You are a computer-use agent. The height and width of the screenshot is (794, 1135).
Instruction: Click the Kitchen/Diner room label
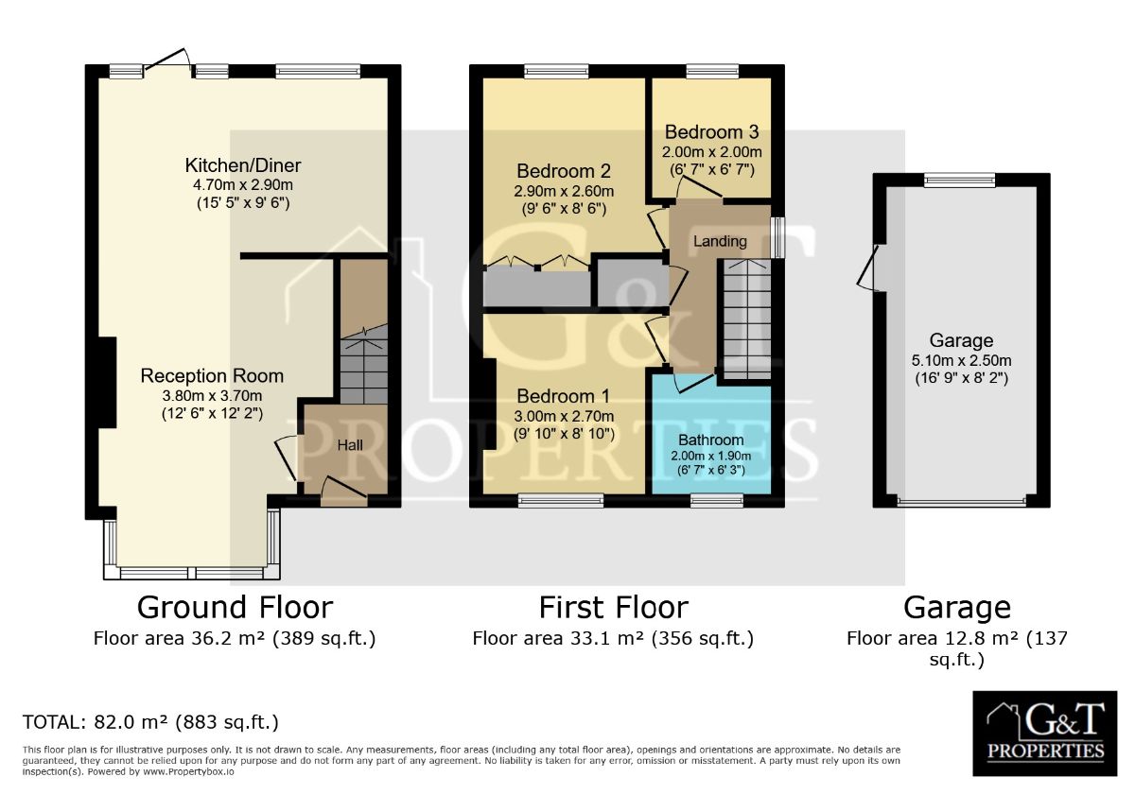243,165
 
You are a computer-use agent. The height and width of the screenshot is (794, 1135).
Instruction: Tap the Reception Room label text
212,376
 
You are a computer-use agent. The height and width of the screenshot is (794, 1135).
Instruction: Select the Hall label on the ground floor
350,445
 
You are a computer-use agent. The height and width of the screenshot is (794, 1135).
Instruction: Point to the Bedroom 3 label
711,132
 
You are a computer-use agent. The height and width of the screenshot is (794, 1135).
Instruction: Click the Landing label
720,241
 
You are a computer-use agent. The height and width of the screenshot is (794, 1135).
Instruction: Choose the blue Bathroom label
711,440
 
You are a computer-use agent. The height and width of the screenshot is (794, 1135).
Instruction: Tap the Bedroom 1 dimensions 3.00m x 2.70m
564,416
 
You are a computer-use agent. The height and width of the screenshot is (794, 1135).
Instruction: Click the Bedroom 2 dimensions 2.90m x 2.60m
564,191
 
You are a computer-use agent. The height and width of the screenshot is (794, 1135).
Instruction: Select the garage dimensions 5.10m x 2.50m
961,360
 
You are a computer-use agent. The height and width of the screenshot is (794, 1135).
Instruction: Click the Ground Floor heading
235,607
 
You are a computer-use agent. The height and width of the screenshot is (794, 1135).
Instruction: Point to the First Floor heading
613,607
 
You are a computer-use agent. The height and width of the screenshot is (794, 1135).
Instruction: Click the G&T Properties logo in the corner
1045,734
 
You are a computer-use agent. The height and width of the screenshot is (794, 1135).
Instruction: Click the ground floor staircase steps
363,365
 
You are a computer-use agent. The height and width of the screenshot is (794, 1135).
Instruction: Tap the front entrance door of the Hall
343,492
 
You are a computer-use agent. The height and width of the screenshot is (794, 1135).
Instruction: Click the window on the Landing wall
777,238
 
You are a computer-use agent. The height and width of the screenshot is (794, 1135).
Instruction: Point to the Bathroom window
717,500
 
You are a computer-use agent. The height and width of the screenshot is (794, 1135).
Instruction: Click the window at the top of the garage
959,181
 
